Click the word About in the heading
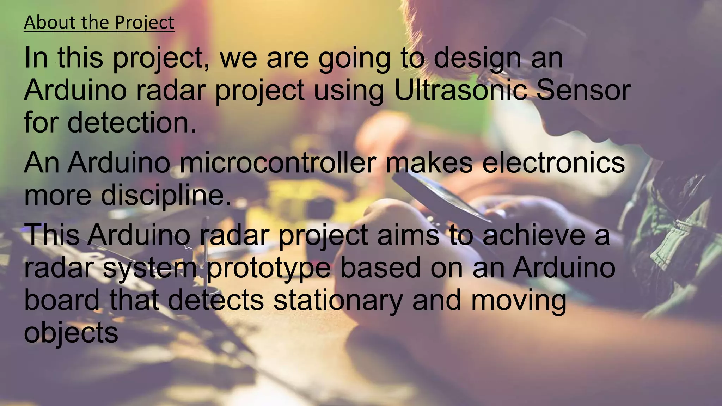pos(50,23)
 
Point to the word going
pos(354,58)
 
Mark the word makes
pos(429,163)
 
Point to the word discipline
pos(166,196)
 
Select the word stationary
pos(338,300)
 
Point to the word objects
pos(71,333)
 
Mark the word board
pos(62,300)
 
